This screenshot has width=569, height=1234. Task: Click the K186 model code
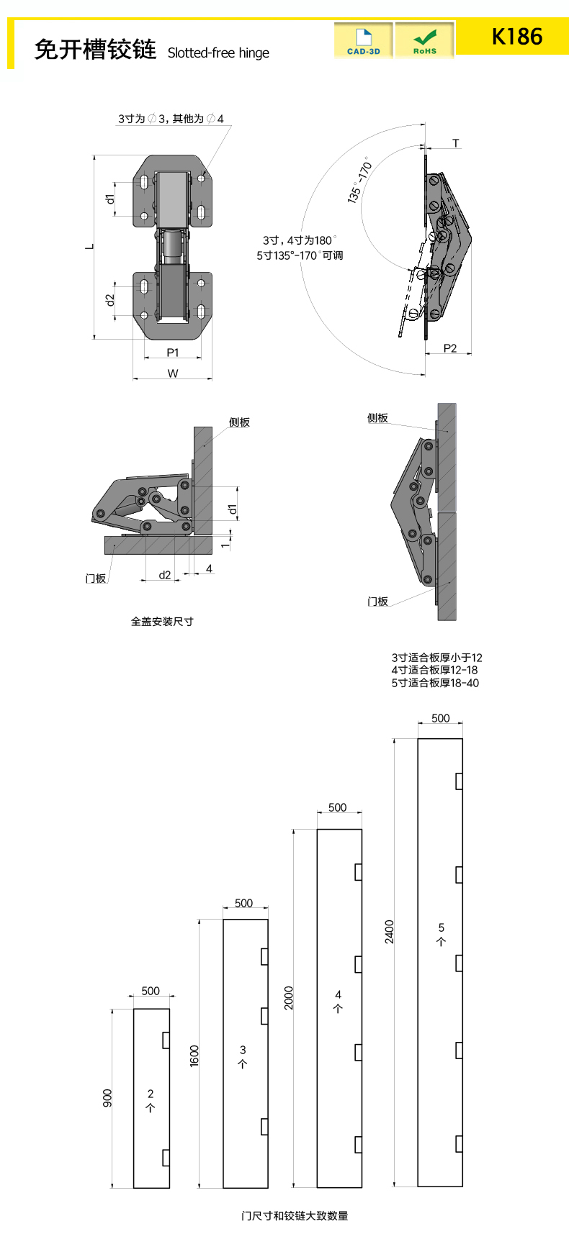click(x=516, y=37)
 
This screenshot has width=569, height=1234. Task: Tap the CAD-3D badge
click(x=364, y=40)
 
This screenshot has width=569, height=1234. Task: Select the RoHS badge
click(x=425, y=40)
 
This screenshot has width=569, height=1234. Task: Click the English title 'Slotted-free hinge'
click(x=218, y=53)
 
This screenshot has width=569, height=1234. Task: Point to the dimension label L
click(x=90, y=246)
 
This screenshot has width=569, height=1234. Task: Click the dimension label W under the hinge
click(x=173, y=373)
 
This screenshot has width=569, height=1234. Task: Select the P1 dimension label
click(x=173, y=352)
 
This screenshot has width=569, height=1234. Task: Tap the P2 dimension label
click(x=450, y=348)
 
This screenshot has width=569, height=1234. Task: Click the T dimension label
click(x=456, y=143)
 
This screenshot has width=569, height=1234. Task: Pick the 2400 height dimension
click(x=390, y=931)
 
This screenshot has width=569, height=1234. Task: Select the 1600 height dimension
click(x=194, y=1056)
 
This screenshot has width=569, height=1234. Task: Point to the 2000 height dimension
click(x=289, y=997)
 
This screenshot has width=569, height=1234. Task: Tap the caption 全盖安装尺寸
click(x=162, y=621)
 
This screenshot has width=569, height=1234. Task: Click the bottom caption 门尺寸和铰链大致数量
click(x=295, y=1215)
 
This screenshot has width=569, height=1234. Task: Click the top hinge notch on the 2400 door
click(x=459, y=781)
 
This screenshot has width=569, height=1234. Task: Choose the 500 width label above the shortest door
click(x=151, y=991)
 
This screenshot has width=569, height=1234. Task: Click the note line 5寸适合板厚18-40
click(x=435, y=683)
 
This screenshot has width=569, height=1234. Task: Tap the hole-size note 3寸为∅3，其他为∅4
click(x=171, y=119)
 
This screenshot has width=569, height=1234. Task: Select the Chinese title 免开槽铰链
click(x=95, y=50)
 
